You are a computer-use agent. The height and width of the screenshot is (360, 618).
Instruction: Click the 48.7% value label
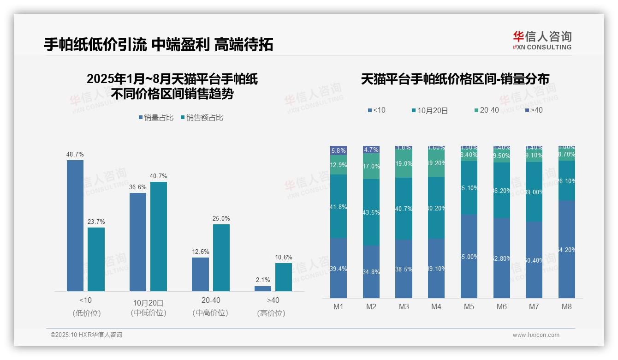(x=75, y=154)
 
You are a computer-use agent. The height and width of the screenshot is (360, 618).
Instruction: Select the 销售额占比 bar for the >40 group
(x=284, y=277)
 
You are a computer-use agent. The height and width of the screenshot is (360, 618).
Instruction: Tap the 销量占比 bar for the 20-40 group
(x=200, y=274)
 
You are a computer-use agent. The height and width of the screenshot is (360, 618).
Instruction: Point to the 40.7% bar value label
(x=159, y=176)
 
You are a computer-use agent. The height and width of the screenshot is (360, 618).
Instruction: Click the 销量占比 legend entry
(x=156, y=118)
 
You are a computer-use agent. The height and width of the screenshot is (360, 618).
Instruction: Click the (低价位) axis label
(x=86, y=313)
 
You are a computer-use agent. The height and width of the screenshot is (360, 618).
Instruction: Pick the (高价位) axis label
(x=271, y=313)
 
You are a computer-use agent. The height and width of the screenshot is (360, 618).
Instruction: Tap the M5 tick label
(x=469, y=306)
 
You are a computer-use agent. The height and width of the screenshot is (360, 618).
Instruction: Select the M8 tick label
(x=567, y=306)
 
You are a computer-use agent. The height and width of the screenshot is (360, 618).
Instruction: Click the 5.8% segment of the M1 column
(x=339, y=150)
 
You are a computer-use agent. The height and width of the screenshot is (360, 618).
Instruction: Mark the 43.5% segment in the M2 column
(x=371, y=212)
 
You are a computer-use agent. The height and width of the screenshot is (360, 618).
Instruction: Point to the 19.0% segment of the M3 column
(x=404, y=163)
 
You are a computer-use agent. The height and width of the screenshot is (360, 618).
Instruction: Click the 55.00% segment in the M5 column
(x=469, y=256)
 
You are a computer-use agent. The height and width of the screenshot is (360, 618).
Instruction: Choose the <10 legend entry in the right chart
(x=377, y=110)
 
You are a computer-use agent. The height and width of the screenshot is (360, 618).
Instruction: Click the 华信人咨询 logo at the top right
(x=542, y=40)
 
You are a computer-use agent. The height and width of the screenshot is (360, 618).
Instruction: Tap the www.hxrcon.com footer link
(x=536, y=335)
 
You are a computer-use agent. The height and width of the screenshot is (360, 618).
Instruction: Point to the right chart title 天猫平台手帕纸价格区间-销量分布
(x=455, y=79)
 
